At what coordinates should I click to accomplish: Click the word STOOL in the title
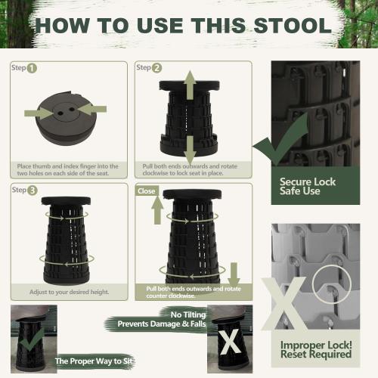pyautogui.click(x=293, y=26)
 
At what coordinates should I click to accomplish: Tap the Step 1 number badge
pyautogui.click(x=32, y=68)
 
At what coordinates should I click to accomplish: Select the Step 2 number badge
pyautogui.click(x=156, y=68)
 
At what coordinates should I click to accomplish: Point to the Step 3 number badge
pyautogui.click(x=33, y=191)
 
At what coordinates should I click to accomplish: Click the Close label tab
pyautogui.click(x=147, y=191)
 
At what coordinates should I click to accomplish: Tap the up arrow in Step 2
pyautogui.click(x=190, y=85)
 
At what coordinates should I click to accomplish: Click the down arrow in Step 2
pyautogui.click(x=190, y=150)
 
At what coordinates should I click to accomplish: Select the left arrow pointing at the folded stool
pyautogui.click(x=39, y=113)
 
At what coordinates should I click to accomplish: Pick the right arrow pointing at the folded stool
pyautogui.click(x=91, y=109)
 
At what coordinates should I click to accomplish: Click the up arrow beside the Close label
pyautogui.click(x=157, y=210)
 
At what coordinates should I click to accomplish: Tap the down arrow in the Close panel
pyautogui.click(x=234, y=274)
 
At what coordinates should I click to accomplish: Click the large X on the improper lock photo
pyautogui.click(x=284, y=304)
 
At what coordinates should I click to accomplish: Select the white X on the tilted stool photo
pyautogui.click(x=229, y=342)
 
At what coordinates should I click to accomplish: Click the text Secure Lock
pyautogui.click(x=308, y=181)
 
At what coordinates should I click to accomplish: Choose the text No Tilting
pyautogui.click(x=188, y=314)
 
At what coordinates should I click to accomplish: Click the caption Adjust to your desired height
pyautogui.click(x=70, y=292)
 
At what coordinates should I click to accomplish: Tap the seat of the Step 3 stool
pyautogui.click(x=66, y=200)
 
